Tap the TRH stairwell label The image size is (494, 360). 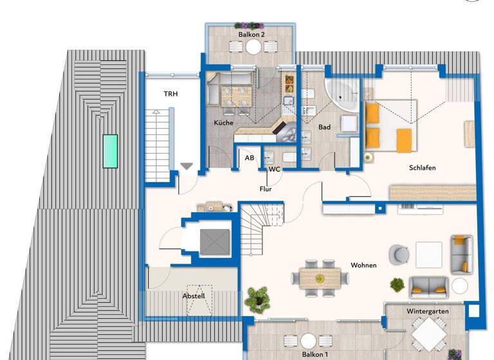click(x=170, y=94)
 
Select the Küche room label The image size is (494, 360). click(x=224, y=123)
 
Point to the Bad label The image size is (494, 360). click(x=324, y=127)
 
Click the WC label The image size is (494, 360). click(x=275, y=170)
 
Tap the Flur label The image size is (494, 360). click(x=265, y=189)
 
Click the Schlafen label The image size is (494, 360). click(x=422, y=168)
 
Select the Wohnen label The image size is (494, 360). click(x=363, y=265)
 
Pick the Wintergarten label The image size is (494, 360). click(x=427, y=311)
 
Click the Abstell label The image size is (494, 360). click(x=194, y=296)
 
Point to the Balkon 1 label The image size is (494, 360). click(x=315, y=354)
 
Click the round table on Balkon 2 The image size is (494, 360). click(x=254, y=47)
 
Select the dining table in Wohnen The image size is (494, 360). click(x=320, y=277)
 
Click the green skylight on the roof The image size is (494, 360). click(x=111, y=151)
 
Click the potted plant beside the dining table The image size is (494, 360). click(x=257, y=298)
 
